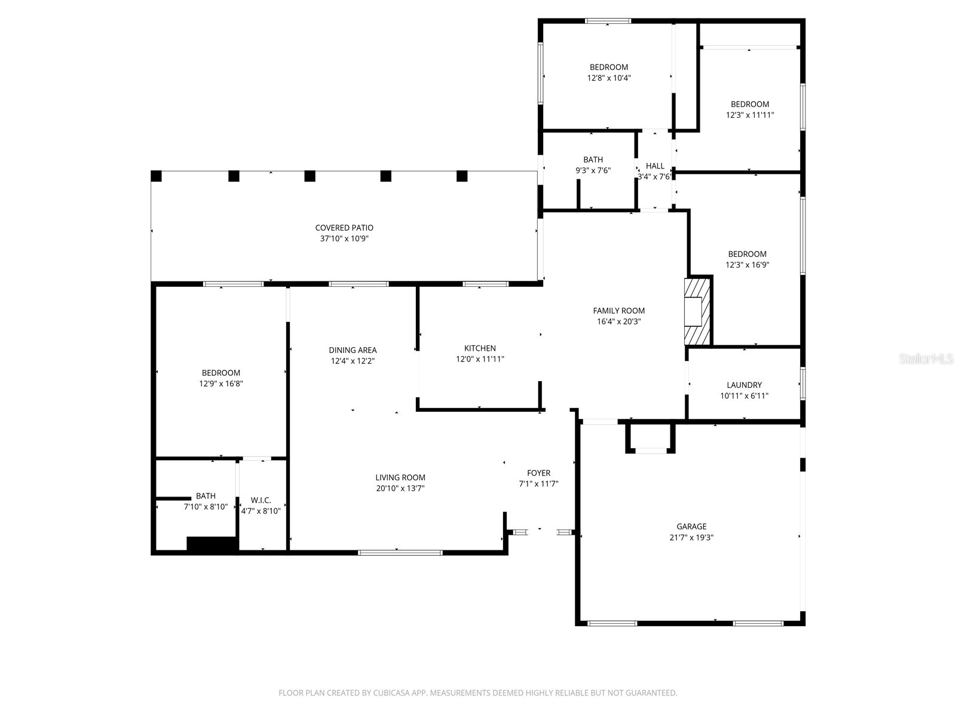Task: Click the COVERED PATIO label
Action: pos(344,228)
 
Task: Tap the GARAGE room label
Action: pos(691,526)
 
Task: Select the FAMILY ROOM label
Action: pos(618,310)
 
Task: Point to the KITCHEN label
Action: pos(480,348)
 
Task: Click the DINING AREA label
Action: pos(353,350)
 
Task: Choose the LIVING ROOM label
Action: pos(400,477)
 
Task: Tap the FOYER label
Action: pos(538,473)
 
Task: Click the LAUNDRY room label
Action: pos(744,385)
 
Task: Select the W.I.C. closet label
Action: pos(261,500)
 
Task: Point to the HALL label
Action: pos(655,166)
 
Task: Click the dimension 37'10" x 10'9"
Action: pos(344,238)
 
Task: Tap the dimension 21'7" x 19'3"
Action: pos(691,537)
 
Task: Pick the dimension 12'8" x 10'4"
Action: pos(608,78)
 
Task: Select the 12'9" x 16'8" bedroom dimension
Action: pos(221,384)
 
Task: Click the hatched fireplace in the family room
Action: pos(698,311)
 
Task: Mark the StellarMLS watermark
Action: pos(926,358)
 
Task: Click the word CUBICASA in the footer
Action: pos(391,692)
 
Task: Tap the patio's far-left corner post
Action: pos(156,176)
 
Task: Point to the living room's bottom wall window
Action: pos(400,553)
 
